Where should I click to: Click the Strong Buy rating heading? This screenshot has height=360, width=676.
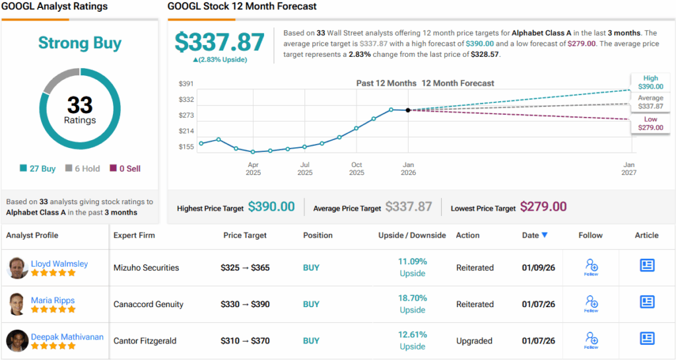click(80, 44)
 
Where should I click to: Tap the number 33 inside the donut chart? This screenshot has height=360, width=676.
click(80, 105)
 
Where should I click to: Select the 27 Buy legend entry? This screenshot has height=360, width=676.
click(38, 168)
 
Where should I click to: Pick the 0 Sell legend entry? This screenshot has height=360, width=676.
click(125, 168)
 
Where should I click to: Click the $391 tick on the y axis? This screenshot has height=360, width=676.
click(186, 84)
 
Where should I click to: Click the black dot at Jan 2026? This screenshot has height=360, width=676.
click(408, 110)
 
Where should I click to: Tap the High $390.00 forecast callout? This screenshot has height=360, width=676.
click(650, 82)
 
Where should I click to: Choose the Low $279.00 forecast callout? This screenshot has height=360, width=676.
click(650, 124)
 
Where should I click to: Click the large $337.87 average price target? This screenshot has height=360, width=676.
click(219, 42)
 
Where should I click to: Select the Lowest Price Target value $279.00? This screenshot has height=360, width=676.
click(543, 207)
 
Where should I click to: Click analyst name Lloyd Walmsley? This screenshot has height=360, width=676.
click(59, 264)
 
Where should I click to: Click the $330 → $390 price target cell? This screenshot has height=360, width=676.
click(245, 305)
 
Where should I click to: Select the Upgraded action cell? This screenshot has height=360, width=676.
click(474, 341)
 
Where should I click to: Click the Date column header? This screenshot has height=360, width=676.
click(535, 235)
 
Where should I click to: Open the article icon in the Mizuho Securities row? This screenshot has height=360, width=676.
click(647, 265)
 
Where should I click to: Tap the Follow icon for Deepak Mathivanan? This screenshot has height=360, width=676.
click(591, 340)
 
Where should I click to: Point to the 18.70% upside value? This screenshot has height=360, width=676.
click(413, 298)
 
